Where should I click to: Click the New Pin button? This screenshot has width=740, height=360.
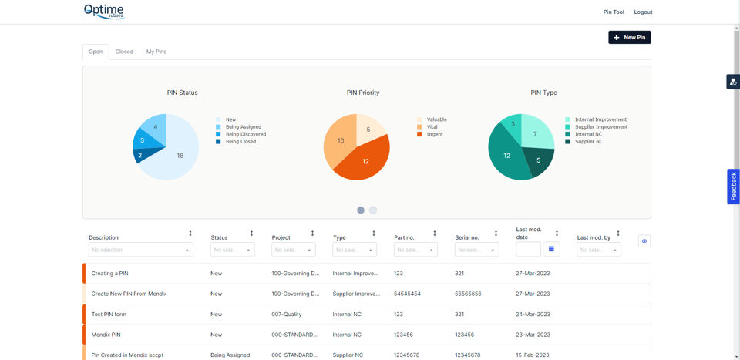tap(629, 37)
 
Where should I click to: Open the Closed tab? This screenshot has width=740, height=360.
tap(124, 52)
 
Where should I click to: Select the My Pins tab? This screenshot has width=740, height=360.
tap(156, 52)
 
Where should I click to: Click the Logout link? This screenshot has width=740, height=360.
tap(643, 12)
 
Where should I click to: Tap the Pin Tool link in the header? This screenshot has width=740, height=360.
tap(614, 12)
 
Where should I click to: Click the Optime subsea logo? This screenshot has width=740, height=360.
tap(104, 11)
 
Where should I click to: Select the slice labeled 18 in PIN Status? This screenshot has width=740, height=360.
tap(179, 156)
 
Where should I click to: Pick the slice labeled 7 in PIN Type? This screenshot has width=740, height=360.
tap(536, 134)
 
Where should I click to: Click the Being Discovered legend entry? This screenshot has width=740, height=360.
tap(245, 134)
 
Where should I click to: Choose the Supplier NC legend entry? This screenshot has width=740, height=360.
tap(588, 142)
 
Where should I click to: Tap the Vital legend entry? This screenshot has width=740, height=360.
tap(432, 127)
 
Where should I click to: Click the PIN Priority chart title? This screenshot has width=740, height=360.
tap(362, 93)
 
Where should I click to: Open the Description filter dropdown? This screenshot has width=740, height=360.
tap(140, 250)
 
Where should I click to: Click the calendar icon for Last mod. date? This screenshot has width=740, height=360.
tap(551, 249)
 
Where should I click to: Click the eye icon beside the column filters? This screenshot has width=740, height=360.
tap(644, 241)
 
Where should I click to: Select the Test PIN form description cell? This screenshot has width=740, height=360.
tap(109, 315)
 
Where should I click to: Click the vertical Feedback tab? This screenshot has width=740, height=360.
tap(733, 187)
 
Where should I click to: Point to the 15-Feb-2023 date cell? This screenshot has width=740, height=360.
tap(533, 355)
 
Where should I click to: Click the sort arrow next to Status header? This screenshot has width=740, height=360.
tap(251, 234)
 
